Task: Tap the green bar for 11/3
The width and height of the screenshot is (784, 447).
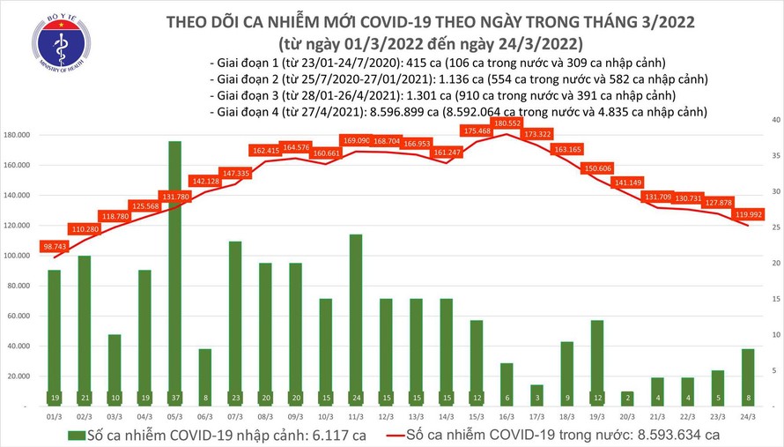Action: (x=355, y=309)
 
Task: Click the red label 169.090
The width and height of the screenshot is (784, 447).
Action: (x=356, y=139)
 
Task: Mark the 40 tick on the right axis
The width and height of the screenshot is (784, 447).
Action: (x=766, y=119)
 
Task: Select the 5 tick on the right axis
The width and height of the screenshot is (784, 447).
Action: (x=766, y=371)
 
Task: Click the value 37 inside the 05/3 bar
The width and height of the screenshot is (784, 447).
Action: (x=175, y=398)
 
